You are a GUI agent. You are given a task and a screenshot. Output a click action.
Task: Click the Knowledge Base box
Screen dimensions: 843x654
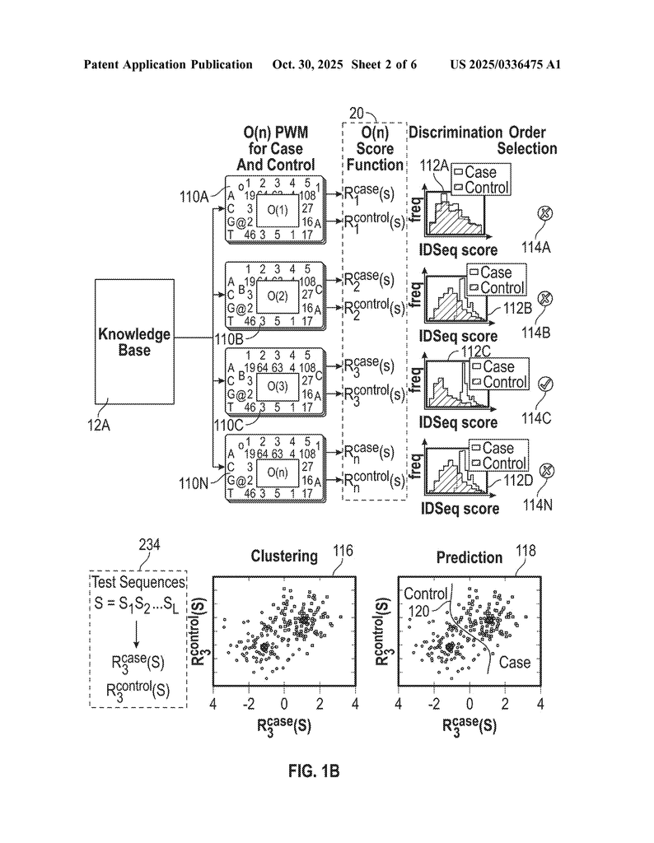click(x=134, y=341)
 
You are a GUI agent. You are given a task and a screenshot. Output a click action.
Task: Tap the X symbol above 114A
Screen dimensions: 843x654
click(x=544, y=215)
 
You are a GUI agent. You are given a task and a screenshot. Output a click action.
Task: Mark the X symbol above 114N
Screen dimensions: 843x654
click(x=544, y=471)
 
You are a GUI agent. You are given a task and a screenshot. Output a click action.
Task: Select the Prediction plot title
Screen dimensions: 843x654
click(x=470, y=557)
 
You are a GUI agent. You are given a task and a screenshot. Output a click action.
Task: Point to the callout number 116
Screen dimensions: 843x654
click(x=343, y=551)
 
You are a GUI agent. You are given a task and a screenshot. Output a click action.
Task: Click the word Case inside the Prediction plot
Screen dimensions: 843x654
click(x=514, y=662)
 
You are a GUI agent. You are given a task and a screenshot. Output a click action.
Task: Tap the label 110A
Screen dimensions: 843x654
click(x=196, y=196)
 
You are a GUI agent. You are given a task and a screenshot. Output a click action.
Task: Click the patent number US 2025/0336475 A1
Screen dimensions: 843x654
click(x=506, y=64)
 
